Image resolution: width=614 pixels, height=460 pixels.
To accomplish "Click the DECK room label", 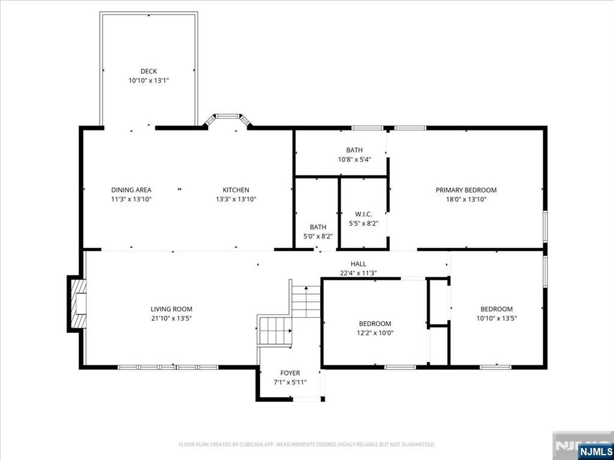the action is tap(149, 71).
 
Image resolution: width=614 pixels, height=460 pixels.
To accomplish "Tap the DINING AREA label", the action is tap(131, 190).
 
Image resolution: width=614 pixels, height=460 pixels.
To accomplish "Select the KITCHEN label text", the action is tap(236, 190).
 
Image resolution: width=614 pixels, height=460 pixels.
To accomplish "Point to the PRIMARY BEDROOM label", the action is tap(466, 190).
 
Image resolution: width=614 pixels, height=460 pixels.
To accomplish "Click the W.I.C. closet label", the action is tap(363, 214).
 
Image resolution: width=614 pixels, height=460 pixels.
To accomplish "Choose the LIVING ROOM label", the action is tap(171, 309).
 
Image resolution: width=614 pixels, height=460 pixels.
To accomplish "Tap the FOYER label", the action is tap(290, 373).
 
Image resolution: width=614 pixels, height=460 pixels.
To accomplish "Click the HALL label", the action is tap(359, 264).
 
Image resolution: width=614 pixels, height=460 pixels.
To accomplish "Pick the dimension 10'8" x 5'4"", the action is tap(354, 159).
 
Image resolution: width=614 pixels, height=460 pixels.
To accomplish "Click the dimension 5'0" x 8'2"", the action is tap(318, 236).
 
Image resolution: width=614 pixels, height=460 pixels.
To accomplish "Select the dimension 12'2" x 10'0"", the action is tap(375, 333).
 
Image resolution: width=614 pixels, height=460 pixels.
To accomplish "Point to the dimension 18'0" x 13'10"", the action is tap(466, 199).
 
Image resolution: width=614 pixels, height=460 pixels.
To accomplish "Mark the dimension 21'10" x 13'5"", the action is tap(171, 318).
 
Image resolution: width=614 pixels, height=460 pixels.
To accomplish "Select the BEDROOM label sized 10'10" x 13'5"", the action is tap(496, 309).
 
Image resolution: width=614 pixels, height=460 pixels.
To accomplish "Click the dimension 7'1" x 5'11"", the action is tap(290, 382).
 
